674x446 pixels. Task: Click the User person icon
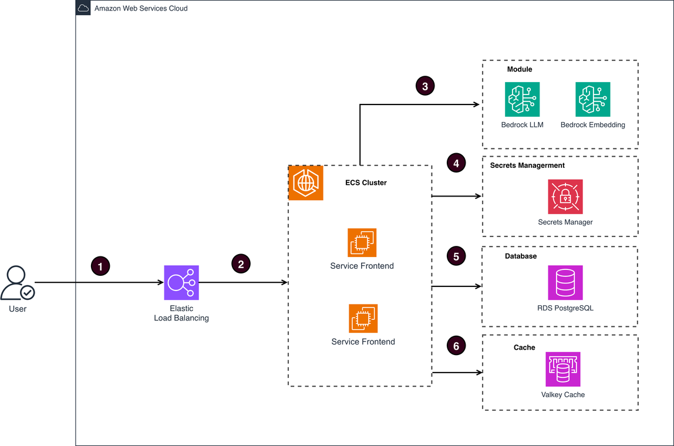pyautogui.click(x=17, y=283)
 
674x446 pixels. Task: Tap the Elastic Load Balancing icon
pyautogui.click(x=181, y=283)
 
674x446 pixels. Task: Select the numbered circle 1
pyautogui.click(x=100, y=266)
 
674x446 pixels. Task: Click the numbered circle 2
pyautogui.click(x=241, y=263)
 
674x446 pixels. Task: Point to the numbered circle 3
pyautogui.click(x=425, y=86)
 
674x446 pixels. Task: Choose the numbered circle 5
pyautogui.click(x=456, y=256)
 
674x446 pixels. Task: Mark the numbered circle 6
pyautogui.click(x=456, y=346)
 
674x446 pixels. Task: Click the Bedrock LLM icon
pyautogui.click(x=522, y=99)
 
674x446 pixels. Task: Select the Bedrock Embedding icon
pyautogui.click(x=592, y=99)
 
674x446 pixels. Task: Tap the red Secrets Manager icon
pyautogui.click(x=565, y=197)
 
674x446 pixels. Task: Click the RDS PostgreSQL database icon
pyautogui.click(x=565, y=283)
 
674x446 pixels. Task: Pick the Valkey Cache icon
pyautogui.click(x=563, y=369)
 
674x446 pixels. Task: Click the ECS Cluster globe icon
pyautogui.click(x=306, y=183)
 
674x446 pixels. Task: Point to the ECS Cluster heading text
pyautogui.click(x=366, y=183)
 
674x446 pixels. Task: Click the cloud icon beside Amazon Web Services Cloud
pyautogui.click(x=83, y=8)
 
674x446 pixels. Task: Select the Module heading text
pyautogui.click(x=520, y=69)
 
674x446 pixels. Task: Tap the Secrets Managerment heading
pyautogui.click(x=527, y=165)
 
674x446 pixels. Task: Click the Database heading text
pyautogui.click(x=521, y=256)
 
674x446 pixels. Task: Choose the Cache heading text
pyautogui.click(x=524, y=347)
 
